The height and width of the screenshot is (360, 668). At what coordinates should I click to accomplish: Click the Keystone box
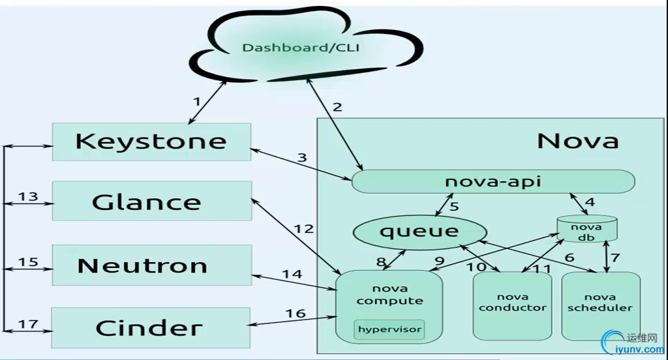click(x=151, y=142)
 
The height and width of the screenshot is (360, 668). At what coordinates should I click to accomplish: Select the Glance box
click(x=151, y=202)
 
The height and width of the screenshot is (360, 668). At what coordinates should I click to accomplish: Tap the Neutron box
click(x=151, y=265)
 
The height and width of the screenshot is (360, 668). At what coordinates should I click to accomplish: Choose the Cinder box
click(x=151, y=327)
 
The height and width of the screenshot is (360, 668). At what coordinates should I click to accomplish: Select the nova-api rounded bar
click(x=493, y=181)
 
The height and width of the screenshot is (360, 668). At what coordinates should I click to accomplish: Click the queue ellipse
click(x=420, y=230)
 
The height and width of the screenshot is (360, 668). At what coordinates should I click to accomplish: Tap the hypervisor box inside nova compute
click(x=389, y=329)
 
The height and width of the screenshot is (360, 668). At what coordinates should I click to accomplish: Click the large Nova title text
click(x=577, y=140)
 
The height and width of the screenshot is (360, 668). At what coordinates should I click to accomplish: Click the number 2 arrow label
click(x=337, y=107)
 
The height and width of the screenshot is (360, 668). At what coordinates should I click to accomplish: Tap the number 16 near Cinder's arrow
click(x=295, y=313)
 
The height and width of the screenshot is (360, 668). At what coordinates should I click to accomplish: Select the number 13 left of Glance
click(x=27, y=196)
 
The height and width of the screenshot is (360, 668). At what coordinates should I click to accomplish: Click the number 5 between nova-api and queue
click(x=454, y=207)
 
